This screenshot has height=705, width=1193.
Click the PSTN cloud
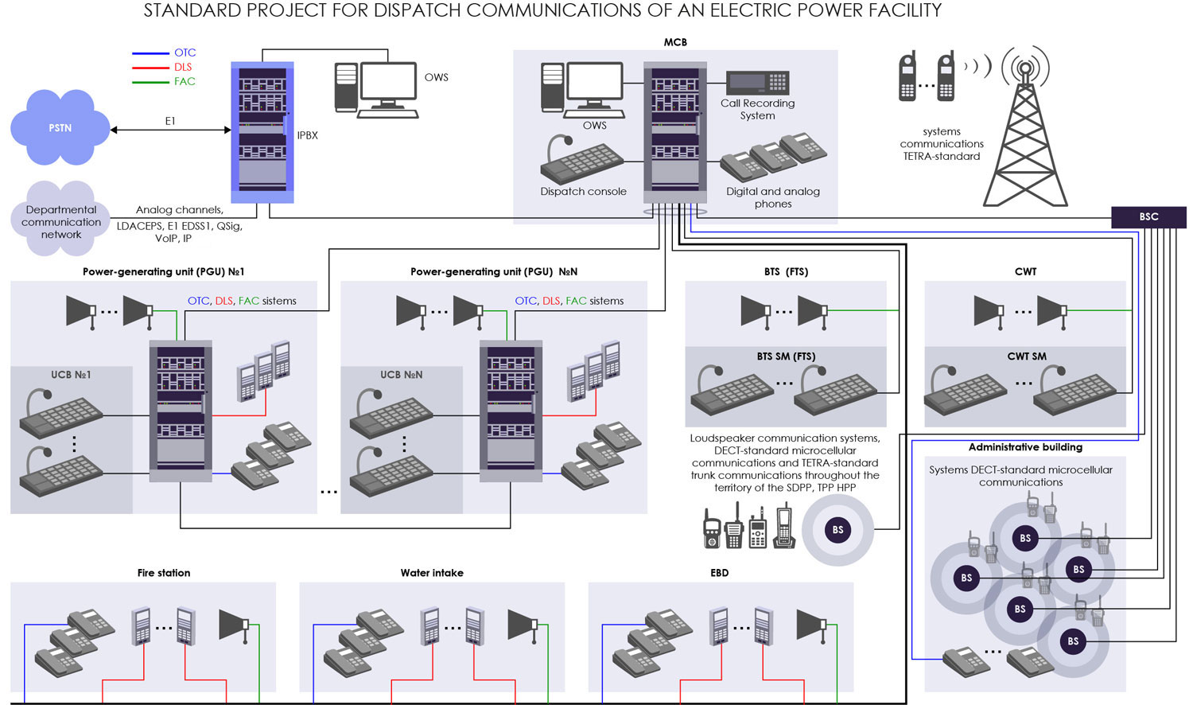(x=60, y=127)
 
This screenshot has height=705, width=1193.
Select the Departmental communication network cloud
(x=61, y=220)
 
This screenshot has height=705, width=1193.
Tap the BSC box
(x=1148, y=216)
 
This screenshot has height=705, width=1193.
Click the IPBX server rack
(x=262, y=132)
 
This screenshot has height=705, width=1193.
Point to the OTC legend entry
(x=185, y=53)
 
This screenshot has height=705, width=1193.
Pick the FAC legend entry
(x=185, y=81)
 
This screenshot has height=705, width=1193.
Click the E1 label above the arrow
(x=170, y=121)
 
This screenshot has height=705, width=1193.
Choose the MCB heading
(x=675, y=42)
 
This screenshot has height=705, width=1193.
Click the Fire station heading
(x=164, y=573)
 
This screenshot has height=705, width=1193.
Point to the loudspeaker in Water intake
(x=523, y=625)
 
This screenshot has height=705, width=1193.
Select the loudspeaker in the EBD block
(x=811, y=625)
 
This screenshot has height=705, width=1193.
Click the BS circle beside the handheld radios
(x=837, y=530)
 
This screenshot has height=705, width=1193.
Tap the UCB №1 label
(x=71, y=375)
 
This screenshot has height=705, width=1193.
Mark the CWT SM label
(x=1027, y=356)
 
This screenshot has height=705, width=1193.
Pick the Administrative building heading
(x=1025, y=447)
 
